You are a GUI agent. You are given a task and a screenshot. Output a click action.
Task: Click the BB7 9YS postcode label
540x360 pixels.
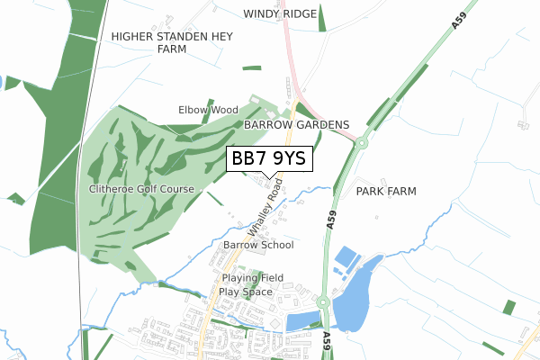269,159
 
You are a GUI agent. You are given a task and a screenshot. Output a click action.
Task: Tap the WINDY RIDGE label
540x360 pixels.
280,13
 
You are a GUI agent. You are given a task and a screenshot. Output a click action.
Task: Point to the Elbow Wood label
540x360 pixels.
208,110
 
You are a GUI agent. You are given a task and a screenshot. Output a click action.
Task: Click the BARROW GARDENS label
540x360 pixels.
295,124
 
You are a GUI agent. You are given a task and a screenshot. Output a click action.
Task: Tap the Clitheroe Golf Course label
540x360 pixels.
141,189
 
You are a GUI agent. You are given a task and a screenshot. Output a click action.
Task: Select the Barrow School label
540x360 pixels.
258,245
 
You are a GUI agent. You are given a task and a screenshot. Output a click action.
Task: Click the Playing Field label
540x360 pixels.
253,278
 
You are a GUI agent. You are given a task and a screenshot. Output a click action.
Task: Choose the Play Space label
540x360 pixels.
245,292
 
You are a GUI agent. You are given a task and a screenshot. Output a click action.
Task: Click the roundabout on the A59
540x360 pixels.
362,141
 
